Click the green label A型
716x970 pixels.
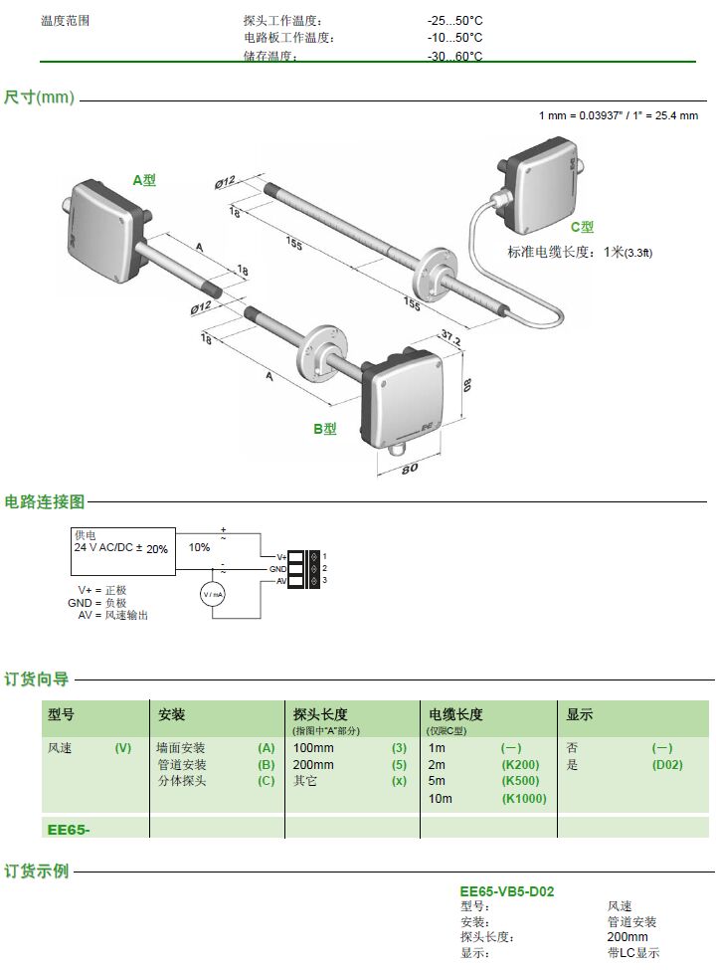(144, 180)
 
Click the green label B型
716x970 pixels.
(325, 429)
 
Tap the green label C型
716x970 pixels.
(582, 227)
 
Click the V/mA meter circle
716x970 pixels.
(213, 594)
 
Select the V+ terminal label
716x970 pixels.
(280, 555)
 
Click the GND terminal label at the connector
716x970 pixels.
(278, 568)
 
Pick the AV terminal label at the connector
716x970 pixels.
(281, 580)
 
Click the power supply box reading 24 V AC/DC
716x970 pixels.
(123, 548)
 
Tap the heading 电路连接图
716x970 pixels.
(45, 501)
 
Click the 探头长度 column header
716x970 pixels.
(320, 714)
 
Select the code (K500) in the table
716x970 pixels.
(521, 781)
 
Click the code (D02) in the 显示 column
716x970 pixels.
(667, 764)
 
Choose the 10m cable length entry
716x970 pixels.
(440, 798)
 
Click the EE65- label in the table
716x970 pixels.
(69, 828)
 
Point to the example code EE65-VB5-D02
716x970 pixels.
(506, 891)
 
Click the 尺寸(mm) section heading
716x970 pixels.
(39, 97)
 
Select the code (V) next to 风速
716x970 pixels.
(123, 747)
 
